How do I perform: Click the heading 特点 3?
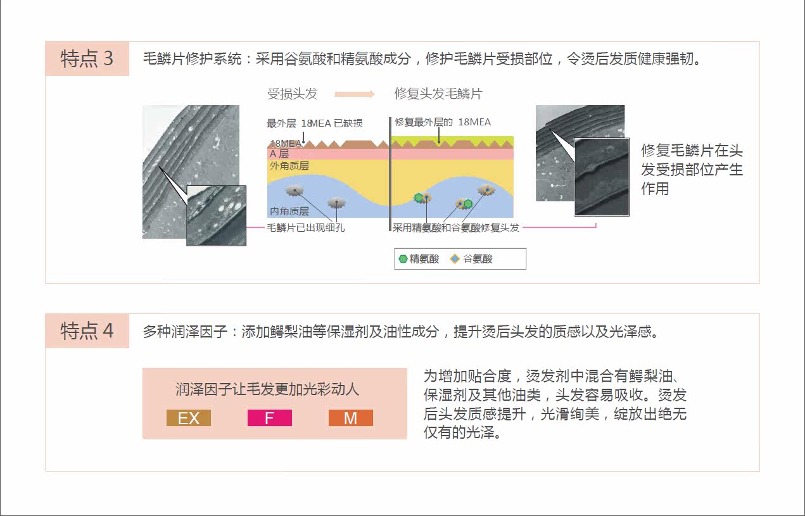click(87, 59)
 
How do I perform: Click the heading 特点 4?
click(87, 330)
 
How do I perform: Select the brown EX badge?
click(189, 418)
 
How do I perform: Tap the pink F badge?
click(269, 418)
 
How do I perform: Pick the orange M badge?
click(351, 418)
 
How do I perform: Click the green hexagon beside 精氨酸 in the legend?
click(403, 259)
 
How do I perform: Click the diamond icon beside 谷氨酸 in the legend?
click(454, 259)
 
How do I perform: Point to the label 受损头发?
click(292, 94)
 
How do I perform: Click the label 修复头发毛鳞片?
click(438, 94)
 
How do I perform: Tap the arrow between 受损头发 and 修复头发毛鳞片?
click(355, 94)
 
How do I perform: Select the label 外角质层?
click(289, 166)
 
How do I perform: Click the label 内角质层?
click(289, 211)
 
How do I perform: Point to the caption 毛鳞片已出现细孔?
click(306, 228)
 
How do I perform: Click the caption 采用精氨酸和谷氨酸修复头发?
click(456, 228)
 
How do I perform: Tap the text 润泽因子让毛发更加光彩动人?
click(267, 389)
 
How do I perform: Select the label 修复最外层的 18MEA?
click(442, 122)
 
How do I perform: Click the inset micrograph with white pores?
click(216, 215)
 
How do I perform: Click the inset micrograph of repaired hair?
click(601, 177)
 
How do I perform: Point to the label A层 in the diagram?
click(279, 154)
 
